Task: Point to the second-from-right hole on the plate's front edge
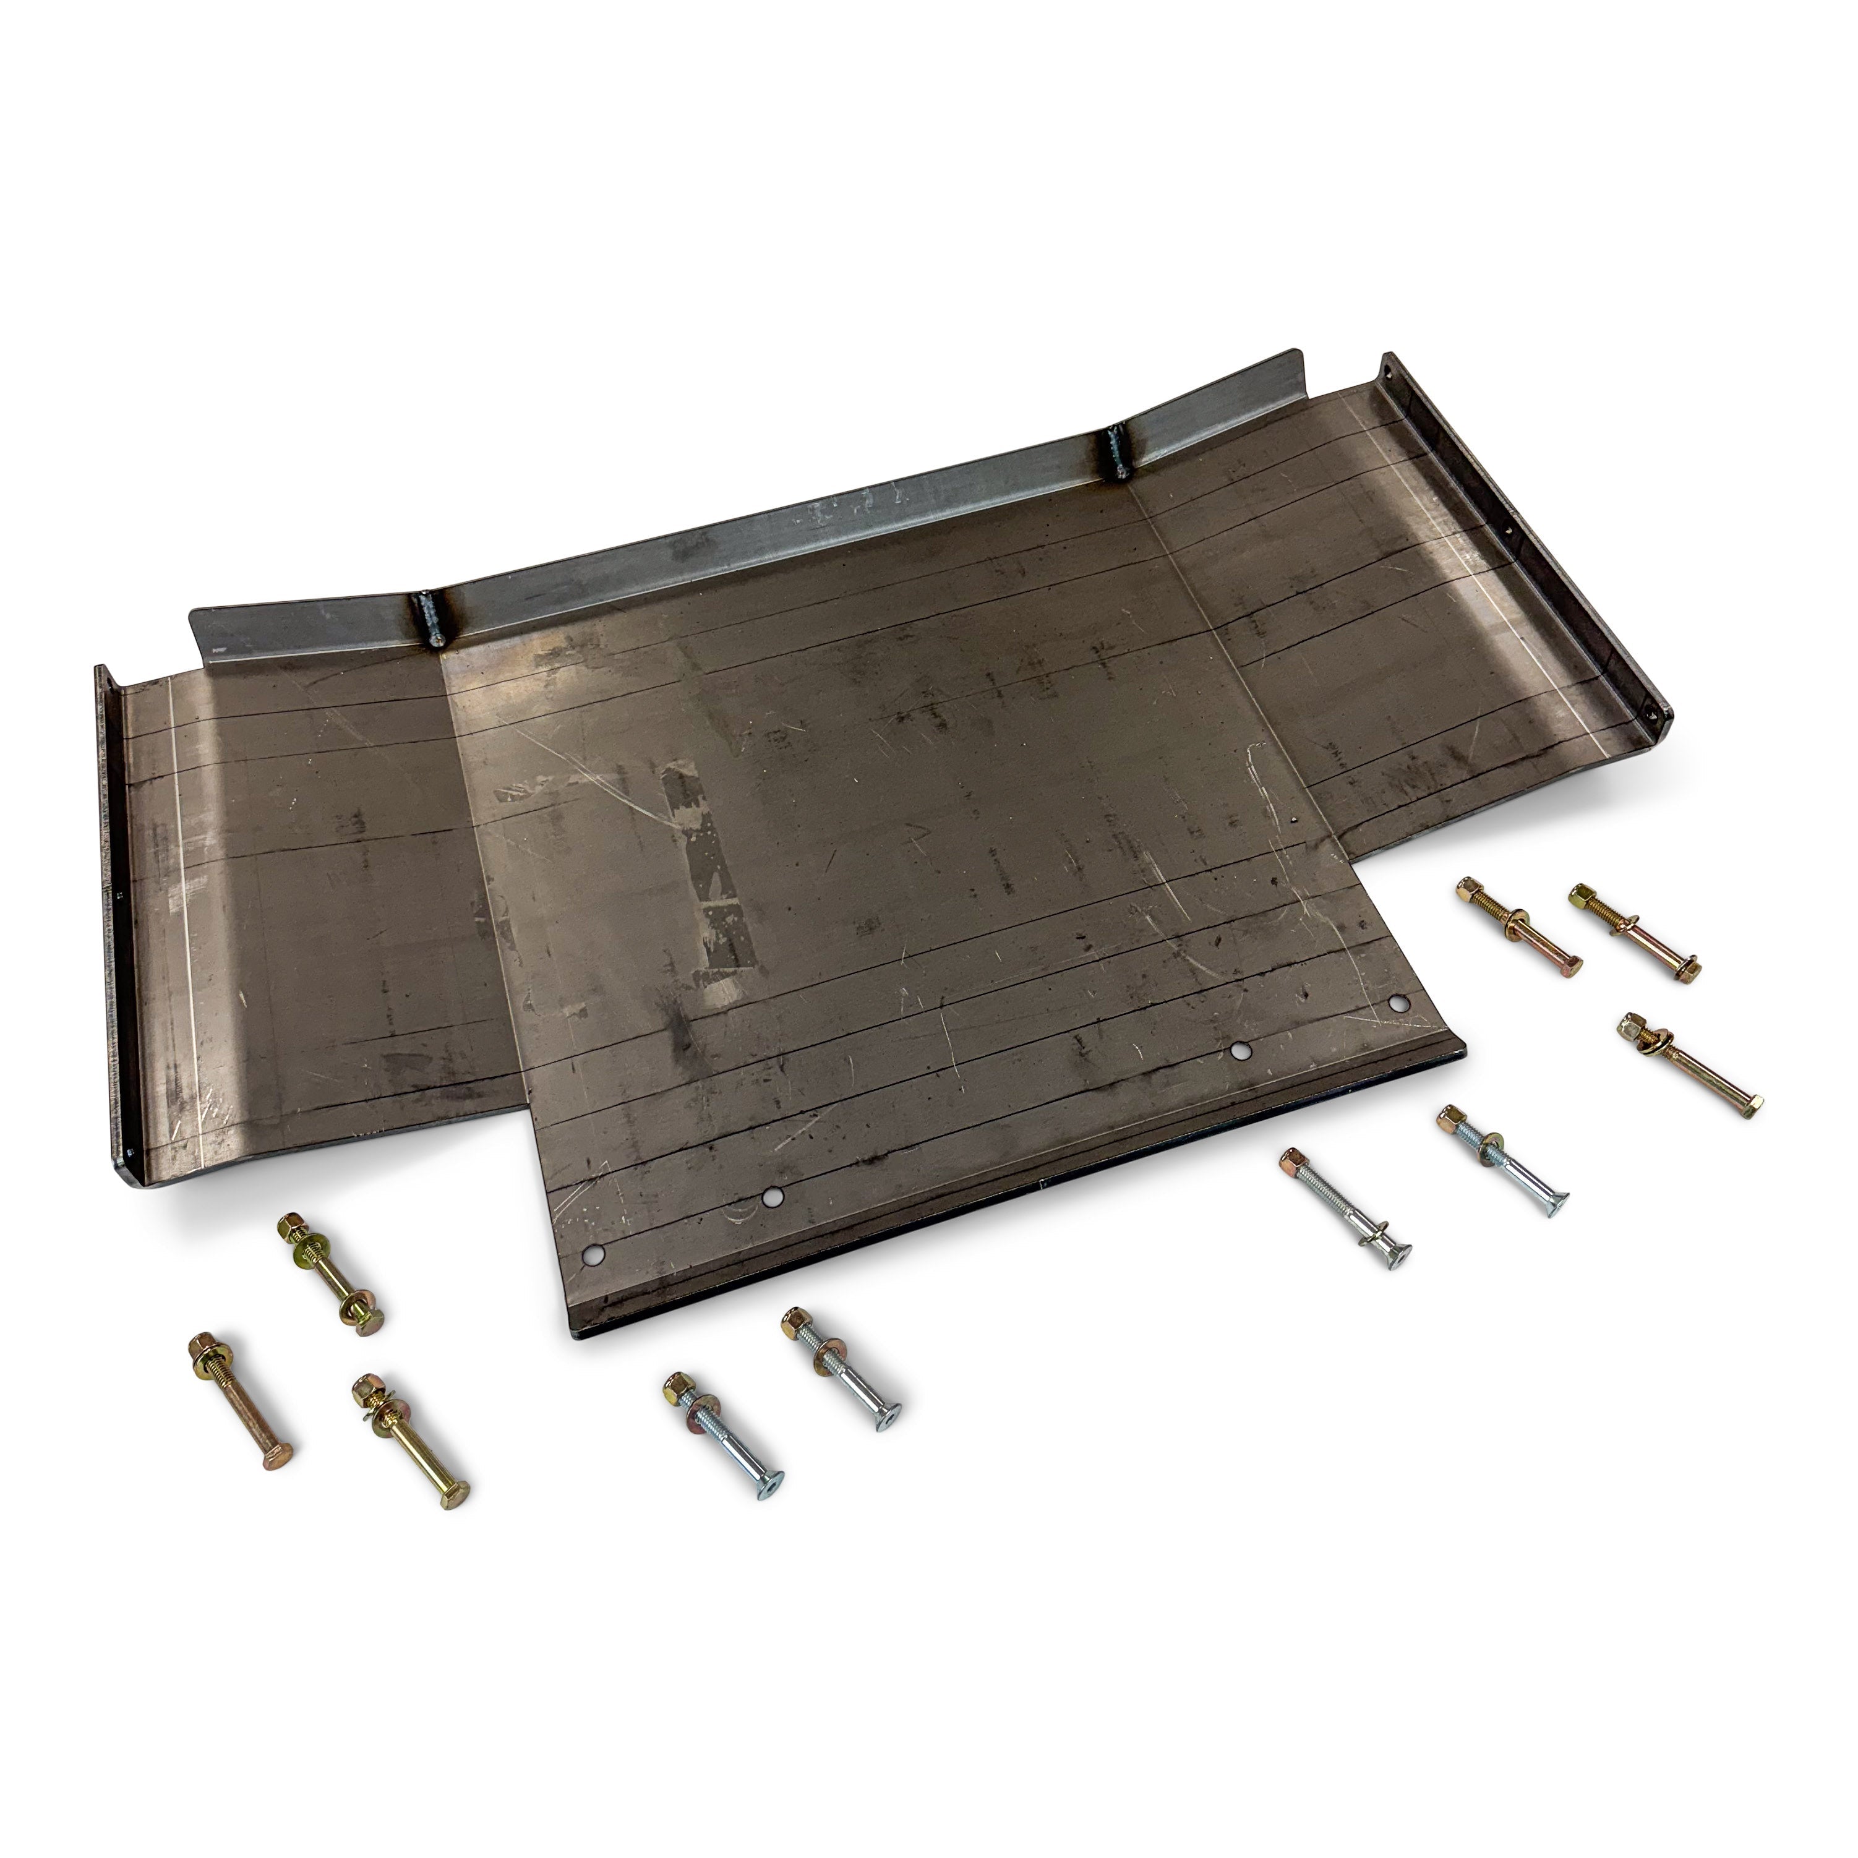click(1241, 1051)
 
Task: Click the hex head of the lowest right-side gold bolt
click(1751, 1104)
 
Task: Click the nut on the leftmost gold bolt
click(206, 1345)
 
